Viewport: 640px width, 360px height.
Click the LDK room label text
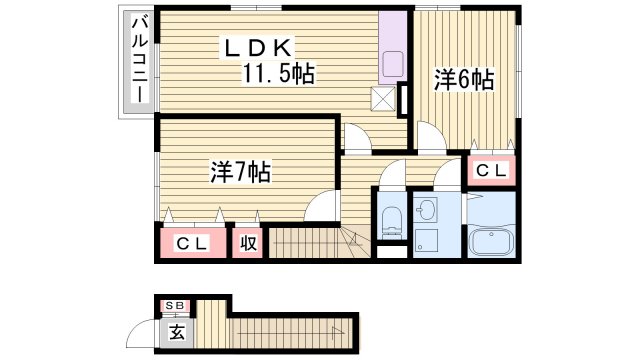point(257,46)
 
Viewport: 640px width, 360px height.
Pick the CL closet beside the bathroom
point(490,171)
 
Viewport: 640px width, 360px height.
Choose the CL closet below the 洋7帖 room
point(193,244)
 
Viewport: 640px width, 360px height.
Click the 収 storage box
point(248,244)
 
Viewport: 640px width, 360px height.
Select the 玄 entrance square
point(176,331)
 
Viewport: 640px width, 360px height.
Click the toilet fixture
point(391,220)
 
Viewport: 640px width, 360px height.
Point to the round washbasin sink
point(427,210)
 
